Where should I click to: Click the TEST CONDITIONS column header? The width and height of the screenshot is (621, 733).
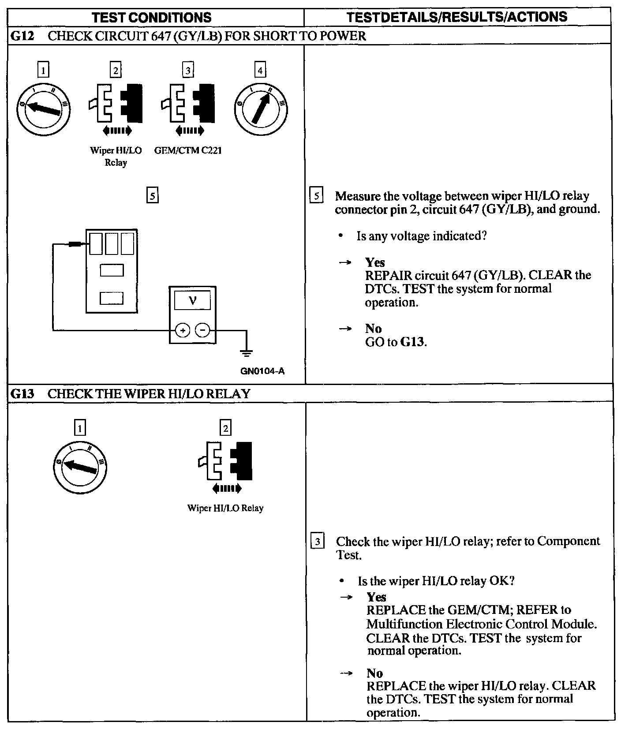coord(152,17)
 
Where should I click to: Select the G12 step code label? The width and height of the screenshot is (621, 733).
coord(22,36)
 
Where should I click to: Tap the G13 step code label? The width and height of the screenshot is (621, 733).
coord(22,393)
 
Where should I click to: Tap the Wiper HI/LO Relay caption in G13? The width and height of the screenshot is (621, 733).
coord(225,508)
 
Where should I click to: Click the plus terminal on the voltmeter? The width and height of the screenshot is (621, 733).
coord(183,330)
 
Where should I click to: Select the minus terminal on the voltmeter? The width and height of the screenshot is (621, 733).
coord(202,330)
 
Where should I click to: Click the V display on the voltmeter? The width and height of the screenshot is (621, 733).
coord(193,300)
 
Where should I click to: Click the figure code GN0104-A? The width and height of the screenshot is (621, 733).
coord(262,371)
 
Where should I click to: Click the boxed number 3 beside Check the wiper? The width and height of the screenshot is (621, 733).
coord(318,541)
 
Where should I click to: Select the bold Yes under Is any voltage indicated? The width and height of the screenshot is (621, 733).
coord(375,262)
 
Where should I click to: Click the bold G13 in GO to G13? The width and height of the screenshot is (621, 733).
coord(413,342)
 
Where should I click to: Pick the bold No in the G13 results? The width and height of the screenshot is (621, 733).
coord(375,673)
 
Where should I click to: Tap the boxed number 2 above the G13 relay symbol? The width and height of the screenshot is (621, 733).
coord(225,428)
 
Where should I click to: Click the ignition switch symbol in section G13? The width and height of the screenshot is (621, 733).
coord(80,467)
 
